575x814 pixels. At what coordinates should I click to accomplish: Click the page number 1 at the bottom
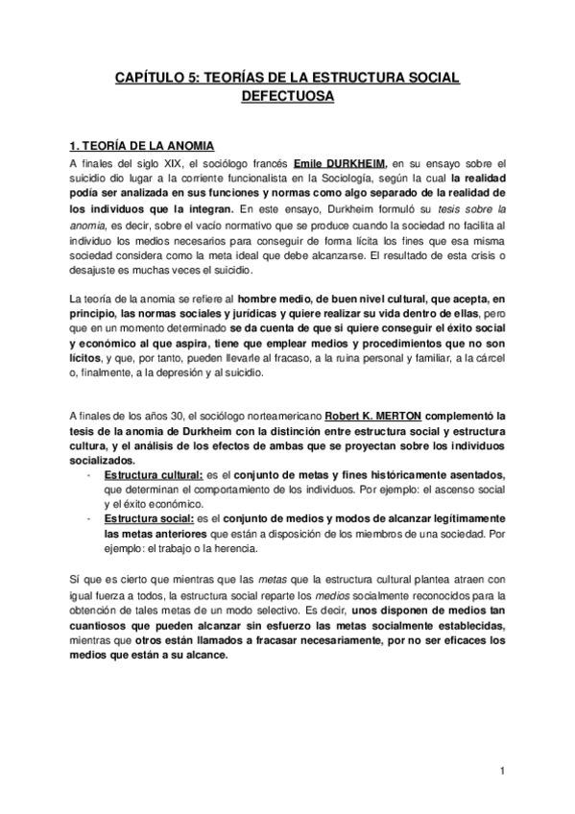click(x=502, y=771)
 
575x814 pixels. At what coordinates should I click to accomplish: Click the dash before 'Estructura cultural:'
click(x=88, y=476)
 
